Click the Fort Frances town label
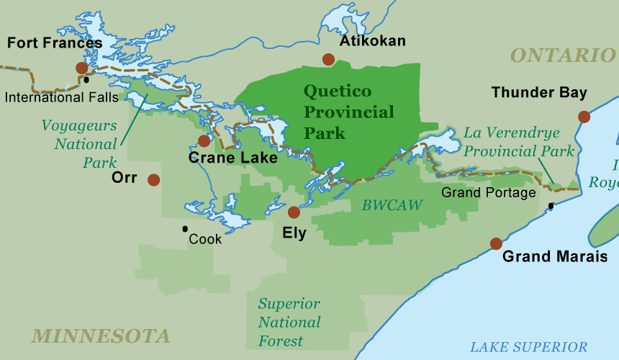[x=55, y=43]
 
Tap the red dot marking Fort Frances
[x=82, y=68]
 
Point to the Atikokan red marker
[x=329, y=60]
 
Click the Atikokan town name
[x=372, y=41]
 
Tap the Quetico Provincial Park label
[x=348, y=112]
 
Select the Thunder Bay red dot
[x=584, y=117]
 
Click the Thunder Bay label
[x=539, y=93]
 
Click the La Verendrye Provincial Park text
[x=519, y=142]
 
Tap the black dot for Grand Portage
[x=551, y=206]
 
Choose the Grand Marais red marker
[x=496, y=243]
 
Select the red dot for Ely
[x=294, y=212]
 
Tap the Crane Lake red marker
[x=204, y=141]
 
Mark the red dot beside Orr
[x=153, y=180]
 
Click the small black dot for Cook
[x=185, y=229]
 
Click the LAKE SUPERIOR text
[x=528, y=347]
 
